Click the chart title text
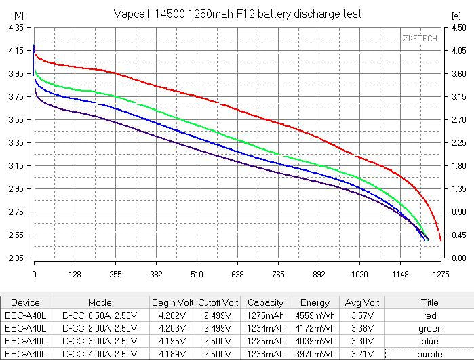[237, 14]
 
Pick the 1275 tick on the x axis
[441, 275]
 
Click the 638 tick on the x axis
[237, 275]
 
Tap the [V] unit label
[18, 14]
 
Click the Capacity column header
[265, 302]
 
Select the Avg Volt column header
[361, 302]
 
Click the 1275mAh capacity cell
[265, 315]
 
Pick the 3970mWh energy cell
[315, 354]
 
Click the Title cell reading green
[429, 328]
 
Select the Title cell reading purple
[429, 354]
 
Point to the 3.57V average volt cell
[361, 315]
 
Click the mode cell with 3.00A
[100, 341]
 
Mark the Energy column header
[315, 302]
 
